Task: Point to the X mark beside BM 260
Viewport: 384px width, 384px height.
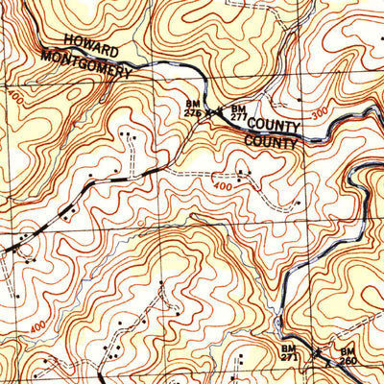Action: [x=329, y=364]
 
